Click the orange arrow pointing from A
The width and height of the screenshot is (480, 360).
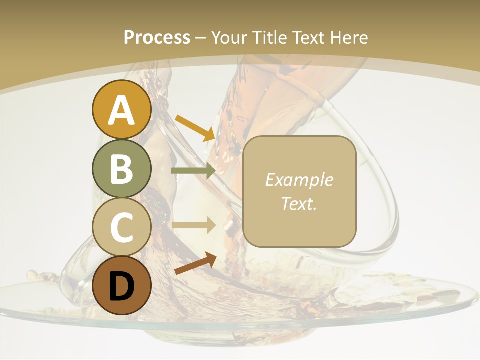pos(194,127)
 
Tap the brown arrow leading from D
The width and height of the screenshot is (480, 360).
pos(195,264)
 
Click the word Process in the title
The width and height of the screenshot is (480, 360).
pos(157,37)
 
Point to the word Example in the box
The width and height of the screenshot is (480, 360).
pos(299,180)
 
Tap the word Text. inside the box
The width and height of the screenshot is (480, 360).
pos(299,203)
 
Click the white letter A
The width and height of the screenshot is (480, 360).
pos(121,110)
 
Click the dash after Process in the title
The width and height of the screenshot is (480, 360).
pos(201,38)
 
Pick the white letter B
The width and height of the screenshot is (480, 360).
pos(121,169)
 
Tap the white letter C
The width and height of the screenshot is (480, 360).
pos(121,228)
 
